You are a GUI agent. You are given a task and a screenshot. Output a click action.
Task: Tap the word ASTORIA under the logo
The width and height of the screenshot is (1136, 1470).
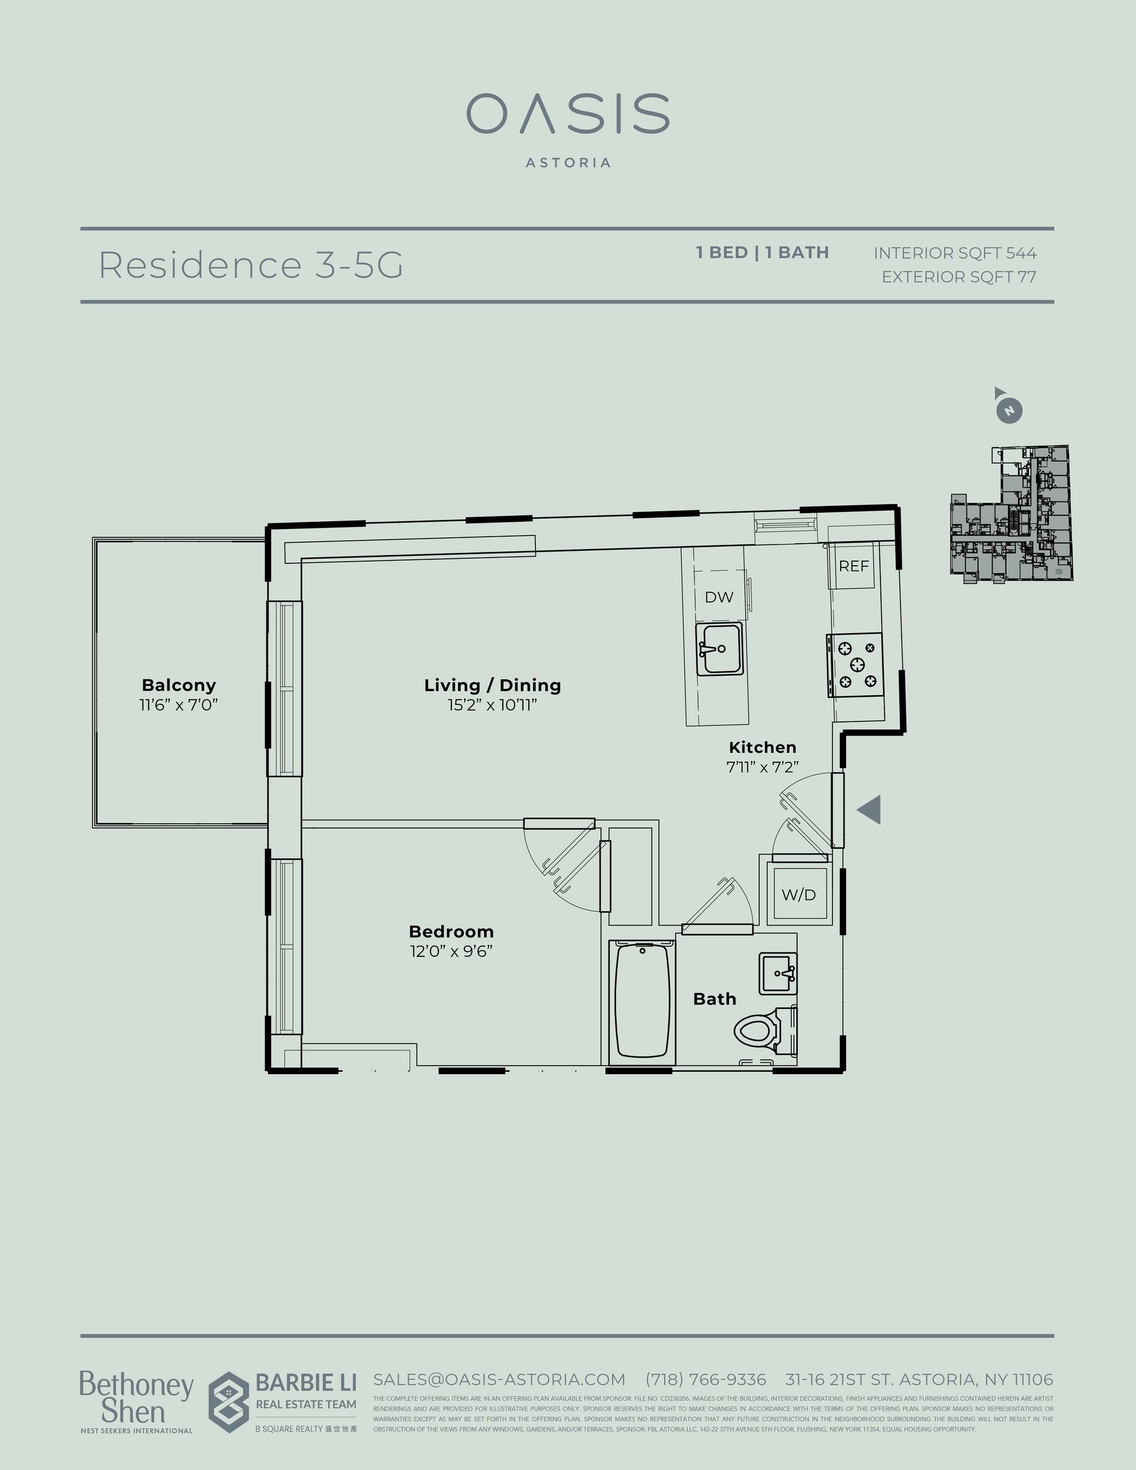(x=567, y=163)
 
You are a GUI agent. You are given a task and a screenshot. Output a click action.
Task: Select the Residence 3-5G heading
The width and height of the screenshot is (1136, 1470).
(x=250, y=265)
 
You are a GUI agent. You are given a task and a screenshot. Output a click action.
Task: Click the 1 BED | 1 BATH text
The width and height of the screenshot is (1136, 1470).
(x=762, y=253)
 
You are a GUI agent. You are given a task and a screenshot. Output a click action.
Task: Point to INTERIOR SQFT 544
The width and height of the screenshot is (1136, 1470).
(x=954, y=253)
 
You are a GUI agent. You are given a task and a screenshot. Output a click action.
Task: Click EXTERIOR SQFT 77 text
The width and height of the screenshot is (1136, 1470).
(x=958, y=276)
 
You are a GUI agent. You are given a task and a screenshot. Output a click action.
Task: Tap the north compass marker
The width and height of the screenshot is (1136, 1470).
(x=1008, y=410)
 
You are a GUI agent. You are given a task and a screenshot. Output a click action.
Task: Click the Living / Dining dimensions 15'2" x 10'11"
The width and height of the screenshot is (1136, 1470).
(x=492, y=705)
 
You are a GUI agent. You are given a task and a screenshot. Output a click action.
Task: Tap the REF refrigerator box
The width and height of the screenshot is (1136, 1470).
(x=853, y=566)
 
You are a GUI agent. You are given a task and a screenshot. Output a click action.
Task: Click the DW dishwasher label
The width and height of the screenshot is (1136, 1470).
(x=719, y=597)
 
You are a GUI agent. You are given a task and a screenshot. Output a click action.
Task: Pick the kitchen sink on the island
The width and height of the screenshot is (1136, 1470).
(x=719, y=649)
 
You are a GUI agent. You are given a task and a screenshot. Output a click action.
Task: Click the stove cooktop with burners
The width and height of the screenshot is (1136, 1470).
(x=856, y=665)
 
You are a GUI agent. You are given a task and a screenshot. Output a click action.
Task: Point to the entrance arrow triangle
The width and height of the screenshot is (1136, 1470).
(x=870, y=809)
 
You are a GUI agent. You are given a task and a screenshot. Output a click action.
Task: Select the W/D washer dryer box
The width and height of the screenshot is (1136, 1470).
(x=799, y=895)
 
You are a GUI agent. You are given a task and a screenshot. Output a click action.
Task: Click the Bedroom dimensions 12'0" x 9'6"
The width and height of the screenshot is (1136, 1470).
(x=451, y=951)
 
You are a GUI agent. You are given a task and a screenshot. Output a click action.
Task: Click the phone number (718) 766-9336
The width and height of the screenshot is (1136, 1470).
(x=705, y=1379)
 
